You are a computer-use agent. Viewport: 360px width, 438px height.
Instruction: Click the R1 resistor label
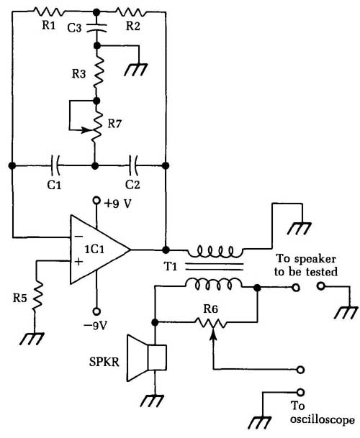49,25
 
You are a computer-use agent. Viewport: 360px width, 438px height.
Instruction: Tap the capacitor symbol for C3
96,27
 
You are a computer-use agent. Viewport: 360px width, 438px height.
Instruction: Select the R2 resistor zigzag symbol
130,12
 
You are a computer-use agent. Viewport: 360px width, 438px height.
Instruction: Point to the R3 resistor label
78,74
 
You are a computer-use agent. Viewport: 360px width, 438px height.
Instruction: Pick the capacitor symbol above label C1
55,165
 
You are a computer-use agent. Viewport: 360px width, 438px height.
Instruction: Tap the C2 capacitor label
132,185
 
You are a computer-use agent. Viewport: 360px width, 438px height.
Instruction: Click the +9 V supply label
117,204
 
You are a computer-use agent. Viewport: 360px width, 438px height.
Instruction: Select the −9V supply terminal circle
96,311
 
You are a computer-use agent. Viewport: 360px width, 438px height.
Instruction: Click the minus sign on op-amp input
78,237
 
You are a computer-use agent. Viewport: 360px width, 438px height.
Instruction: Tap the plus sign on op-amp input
79,262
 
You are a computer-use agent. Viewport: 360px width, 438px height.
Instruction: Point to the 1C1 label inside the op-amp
94,249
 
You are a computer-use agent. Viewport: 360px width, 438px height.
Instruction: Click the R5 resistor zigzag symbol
37,296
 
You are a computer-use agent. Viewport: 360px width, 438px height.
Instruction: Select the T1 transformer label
171,267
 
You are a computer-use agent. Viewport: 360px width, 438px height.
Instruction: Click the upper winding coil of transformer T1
215,251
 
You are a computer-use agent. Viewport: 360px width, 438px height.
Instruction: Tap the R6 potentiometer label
210,309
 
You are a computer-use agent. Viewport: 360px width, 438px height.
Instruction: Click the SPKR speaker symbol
147,358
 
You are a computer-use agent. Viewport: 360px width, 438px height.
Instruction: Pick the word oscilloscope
322,419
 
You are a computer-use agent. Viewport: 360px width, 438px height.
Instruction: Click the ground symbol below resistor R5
32,339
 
